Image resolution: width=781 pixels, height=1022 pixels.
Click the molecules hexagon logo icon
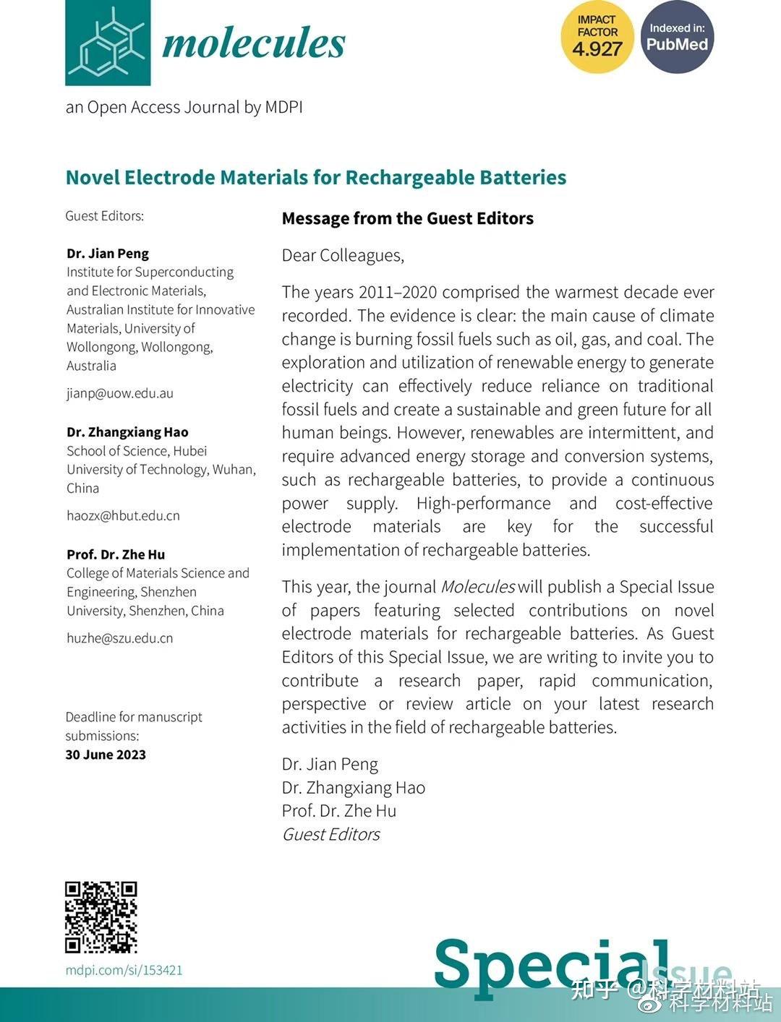(108, 43)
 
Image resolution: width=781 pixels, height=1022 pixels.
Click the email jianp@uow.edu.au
(120, 393)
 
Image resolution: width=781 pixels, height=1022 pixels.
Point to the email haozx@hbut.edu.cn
(123, 515)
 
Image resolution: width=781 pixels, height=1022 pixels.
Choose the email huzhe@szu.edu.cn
(120, 637)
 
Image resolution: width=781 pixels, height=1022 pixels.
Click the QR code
(101, 917)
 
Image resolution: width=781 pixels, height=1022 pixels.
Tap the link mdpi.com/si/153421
(124, 970)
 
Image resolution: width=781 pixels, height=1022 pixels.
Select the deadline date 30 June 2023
(106, 755)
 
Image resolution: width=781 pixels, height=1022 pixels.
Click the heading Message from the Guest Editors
(408, 218)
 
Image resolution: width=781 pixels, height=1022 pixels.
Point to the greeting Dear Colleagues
(343, 255)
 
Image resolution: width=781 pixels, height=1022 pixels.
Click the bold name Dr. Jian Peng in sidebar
(108, 254)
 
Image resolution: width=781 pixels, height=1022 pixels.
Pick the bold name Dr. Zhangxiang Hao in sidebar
(127, 432)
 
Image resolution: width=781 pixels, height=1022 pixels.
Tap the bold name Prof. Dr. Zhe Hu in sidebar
(116, 554)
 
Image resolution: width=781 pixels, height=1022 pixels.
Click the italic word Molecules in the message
(477, 587)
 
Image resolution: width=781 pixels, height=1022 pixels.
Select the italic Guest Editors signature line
(330, 834)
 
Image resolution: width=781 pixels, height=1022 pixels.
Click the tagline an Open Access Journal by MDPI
(184, 107)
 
